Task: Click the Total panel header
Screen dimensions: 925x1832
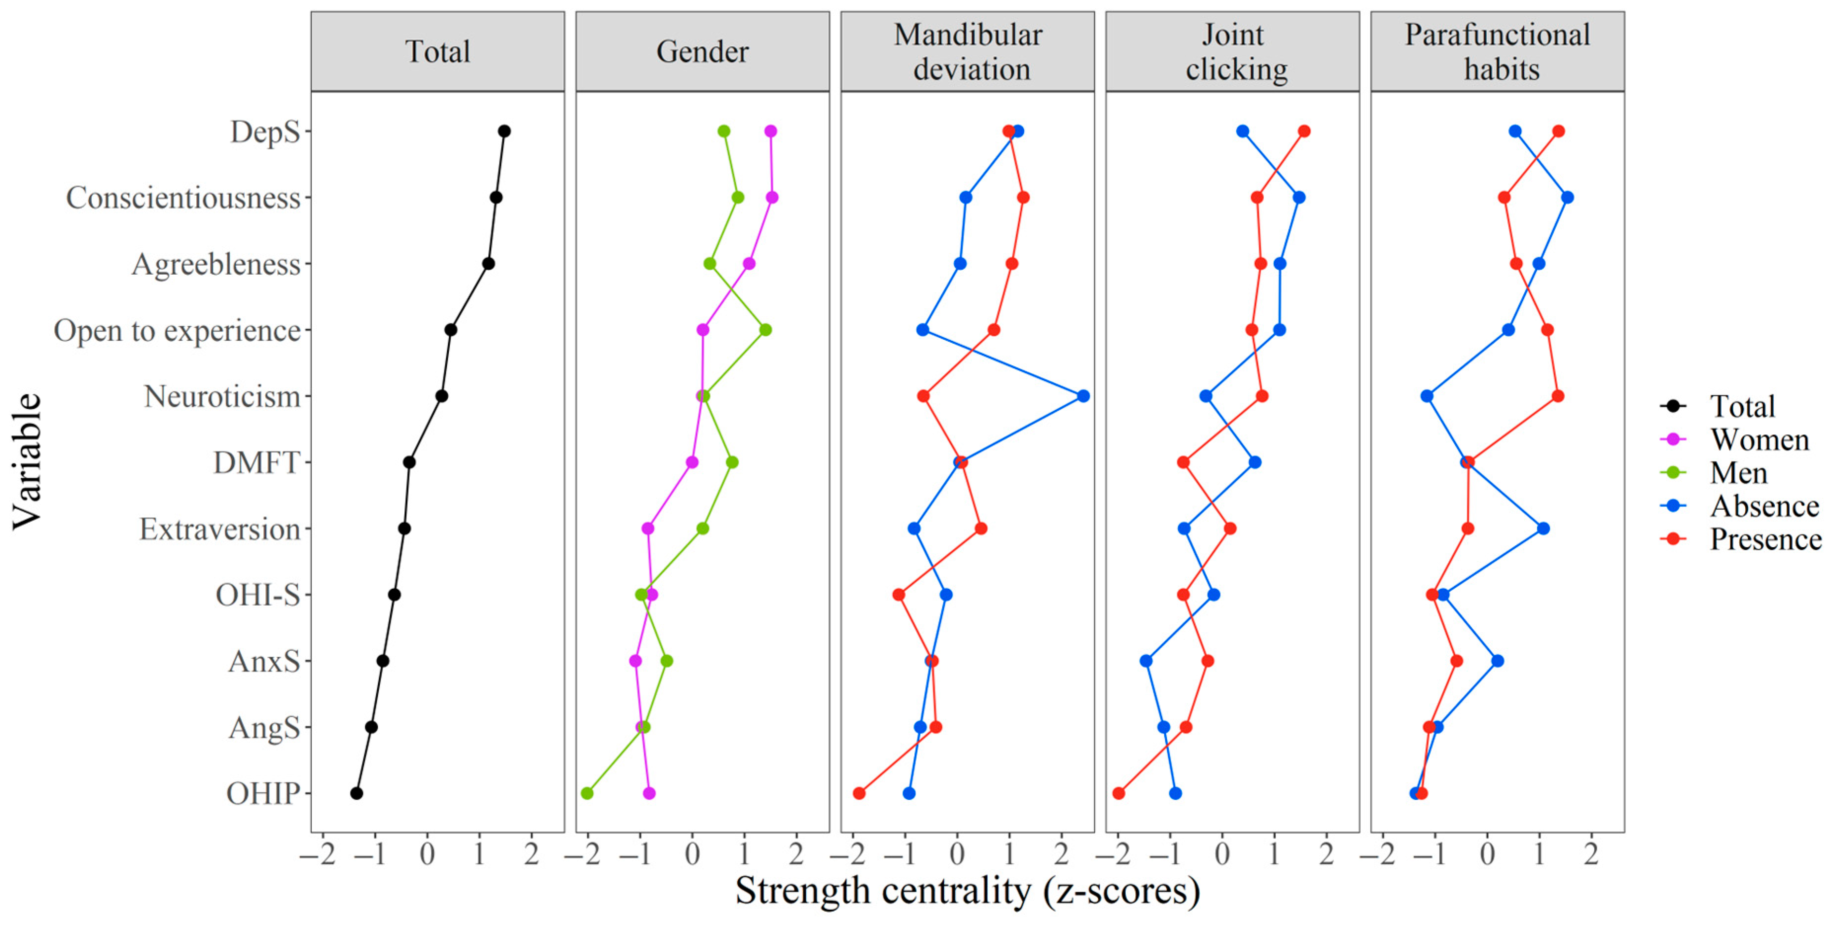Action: (x=437, y=52)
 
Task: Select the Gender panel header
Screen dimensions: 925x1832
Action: (x=702, y=52)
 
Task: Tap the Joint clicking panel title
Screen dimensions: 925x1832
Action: (x=1232, y=52)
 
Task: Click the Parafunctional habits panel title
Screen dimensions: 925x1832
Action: (x=1497, y=52)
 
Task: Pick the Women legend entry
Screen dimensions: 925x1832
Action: (x=1758, y=440)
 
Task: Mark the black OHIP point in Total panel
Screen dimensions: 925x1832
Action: (x=357, y=793)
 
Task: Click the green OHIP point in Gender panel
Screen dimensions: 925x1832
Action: (x=587, y=793)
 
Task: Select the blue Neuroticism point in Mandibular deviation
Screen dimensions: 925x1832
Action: (x=1083, y=396)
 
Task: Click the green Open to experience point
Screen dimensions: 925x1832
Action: (x=765, y=330)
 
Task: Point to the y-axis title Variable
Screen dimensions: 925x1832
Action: (x=27, y=462)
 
